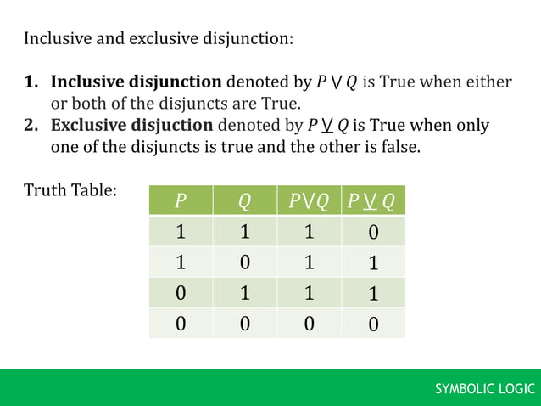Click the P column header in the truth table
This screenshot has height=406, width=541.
(180, 201)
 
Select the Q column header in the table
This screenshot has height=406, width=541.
(244, 201)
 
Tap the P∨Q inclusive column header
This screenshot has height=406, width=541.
(309, 201)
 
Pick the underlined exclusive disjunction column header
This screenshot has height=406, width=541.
(371, 201)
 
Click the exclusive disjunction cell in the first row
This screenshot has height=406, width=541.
(374, 232)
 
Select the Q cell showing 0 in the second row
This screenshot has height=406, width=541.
(244, 262)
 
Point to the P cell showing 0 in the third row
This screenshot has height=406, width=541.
(180, 293)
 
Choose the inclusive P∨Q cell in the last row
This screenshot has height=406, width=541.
(310, 323)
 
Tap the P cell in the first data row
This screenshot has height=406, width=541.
(180, 232)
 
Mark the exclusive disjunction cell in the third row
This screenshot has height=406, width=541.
(374, 294)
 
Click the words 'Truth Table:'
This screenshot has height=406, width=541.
(70, 189)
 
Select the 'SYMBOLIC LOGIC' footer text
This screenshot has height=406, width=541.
(485, 389)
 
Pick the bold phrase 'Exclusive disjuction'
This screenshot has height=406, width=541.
(131, 126)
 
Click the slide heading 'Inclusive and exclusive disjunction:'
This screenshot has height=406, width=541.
(159, 39)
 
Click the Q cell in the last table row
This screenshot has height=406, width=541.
(244, 323)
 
